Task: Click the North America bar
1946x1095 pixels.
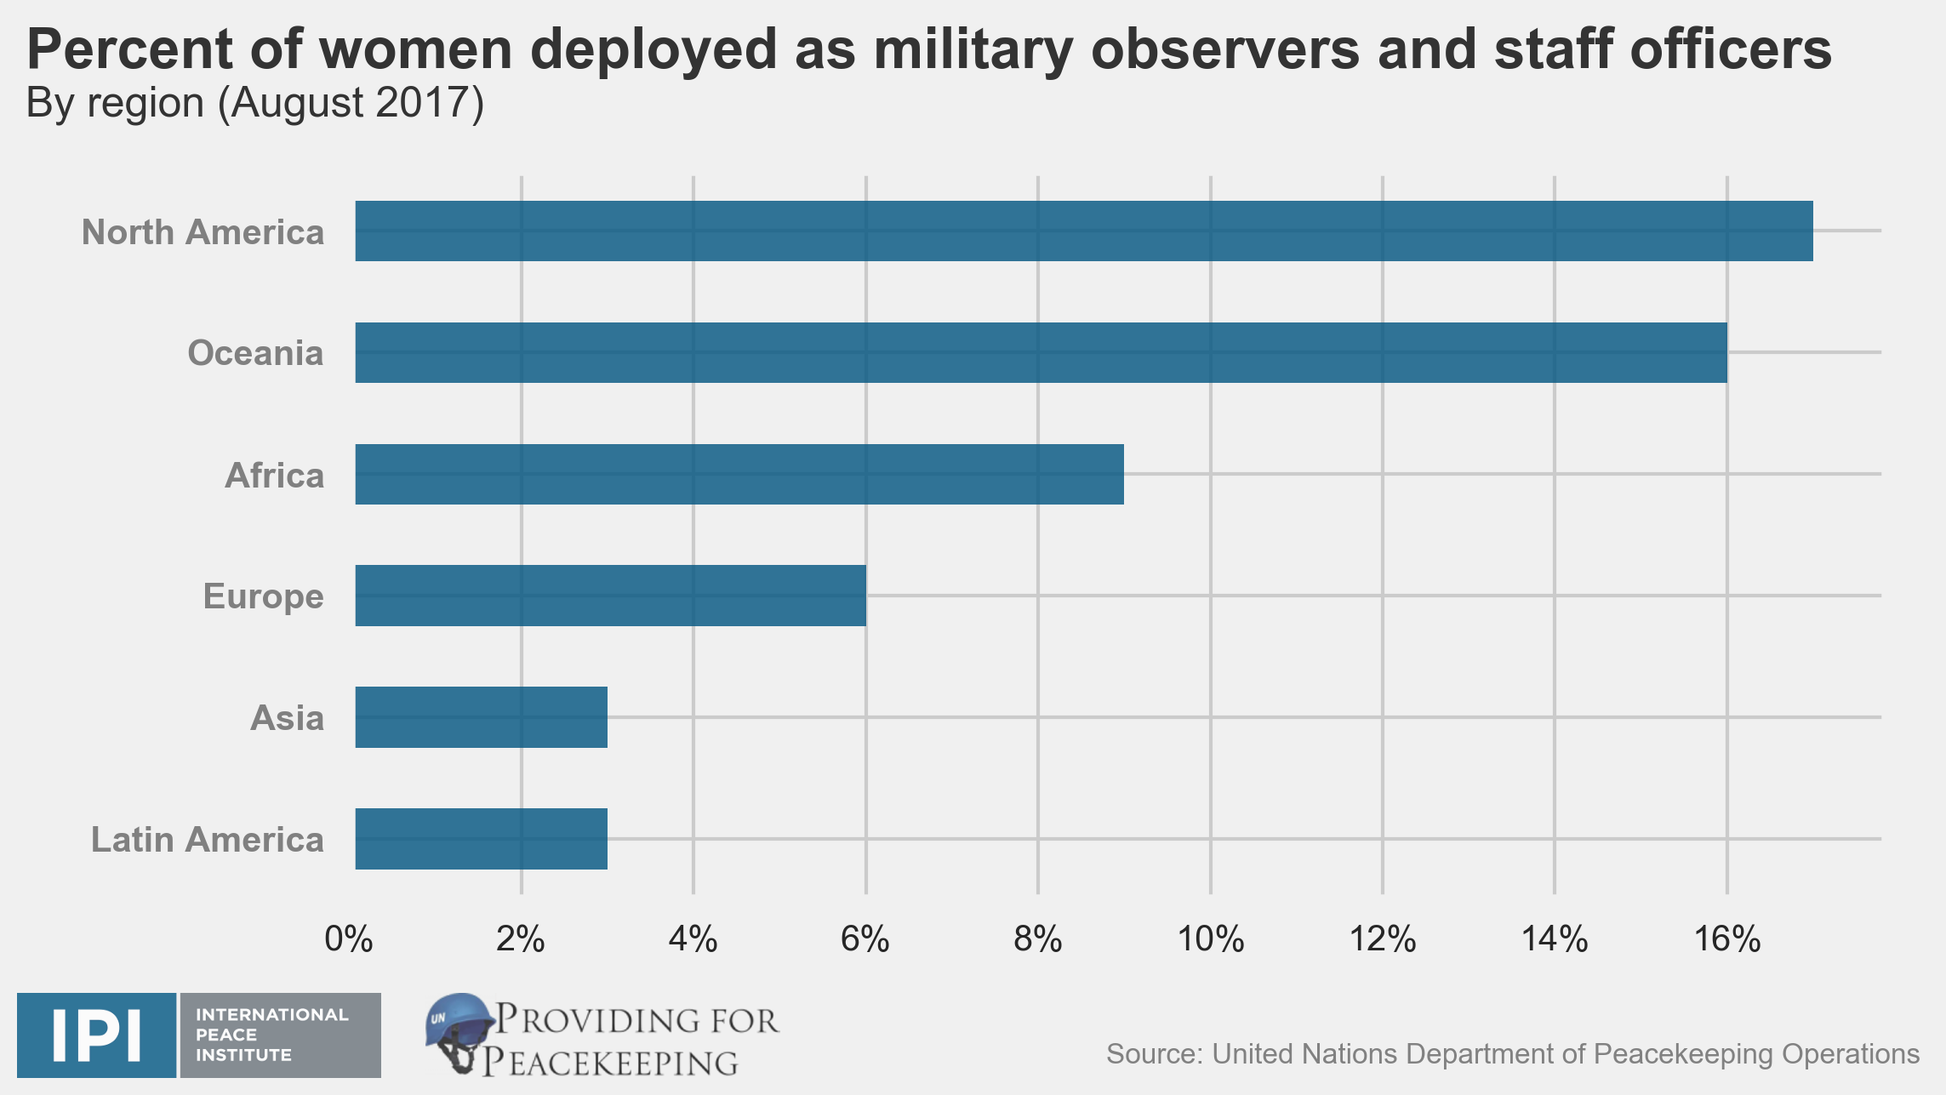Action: [1083, 231]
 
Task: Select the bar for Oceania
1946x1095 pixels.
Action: [1041, 352]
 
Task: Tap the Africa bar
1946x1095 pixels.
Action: [739, 474]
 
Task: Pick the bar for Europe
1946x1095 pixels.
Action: [610, 596]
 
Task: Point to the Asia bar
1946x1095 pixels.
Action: [481, 717]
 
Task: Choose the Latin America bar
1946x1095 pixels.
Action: [481, 839]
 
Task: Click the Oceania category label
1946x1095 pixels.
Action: [255, 353]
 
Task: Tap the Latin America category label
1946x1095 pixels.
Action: [208, 840]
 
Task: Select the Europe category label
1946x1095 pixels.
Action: [263, 596]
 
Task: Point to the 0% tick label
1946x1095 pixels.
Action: [349, 939]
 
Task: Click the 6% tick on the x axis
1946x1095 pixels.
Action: [865, 939]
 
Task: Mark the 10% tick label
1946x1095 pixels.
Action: [1210, 939]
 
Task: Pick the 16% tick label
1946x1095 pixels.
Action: [1726, 939]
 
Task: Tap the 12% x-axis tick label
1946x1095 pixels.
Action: [1383, 939]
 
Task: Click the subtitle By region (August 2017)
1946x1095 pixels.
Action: [255, 104]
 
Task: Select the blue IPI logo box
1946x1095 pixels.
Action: [96, 1035]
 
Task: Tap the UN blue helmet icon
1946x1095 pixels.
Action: [459, 1030]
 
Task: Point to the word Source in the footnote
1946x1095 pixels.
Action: [1153, 1054]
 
